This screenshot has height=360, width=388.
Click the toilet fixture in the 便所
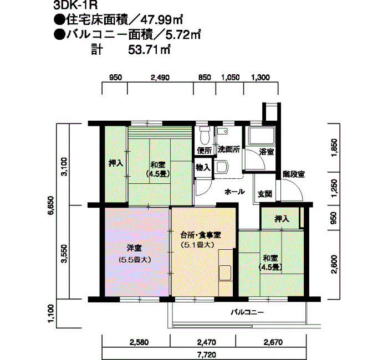205,136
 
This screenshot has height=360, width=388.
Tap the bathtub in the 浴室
262,136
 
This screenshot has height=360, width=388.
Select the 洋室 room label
134,248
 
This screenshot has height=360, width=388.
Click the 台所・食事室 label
201,235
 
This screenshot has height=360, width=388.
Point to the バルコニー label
247,312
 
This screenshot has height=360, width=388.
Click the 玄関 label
265,194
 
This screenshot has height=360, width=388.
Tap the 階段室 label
294,174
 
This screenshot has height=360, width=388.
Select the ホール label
234,192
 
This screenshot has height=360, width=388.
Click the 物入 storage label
203,168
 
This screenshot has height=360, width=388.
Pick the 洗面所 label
228,150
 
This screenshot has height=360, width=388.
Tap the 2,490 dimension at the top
160,78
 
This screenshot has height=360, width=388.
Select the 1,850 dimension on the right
334,148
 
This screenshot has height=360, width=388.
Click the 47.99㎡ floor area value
161,20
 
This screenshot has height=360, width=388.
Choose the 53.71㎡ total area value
149,50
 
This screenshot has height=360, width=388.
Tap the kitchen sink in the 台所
225,272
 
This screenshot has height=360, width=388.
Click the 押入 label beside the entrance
282,219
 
